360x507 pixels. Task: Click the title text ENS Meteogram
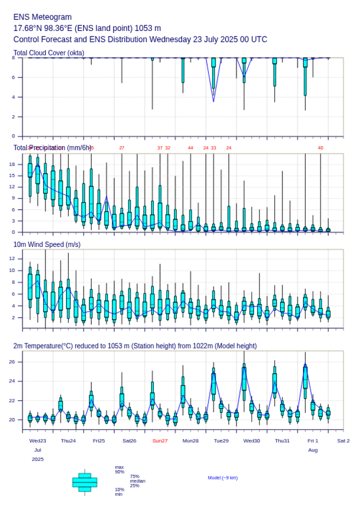[x=43, y=17]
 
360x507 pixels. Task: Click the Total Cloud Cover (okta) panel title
[x=49, y=53]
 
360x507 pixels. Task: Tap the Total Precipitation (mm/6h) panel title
[x=53, y=148]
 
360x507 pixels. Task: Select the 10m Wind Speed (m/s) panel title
[x=47, y=244]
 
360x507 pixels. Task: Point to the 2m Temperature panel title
[x=135, y=346]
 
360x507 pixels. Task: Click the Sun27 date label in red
[x=160, y=441]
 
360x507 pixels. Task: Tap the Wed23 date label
[x=38, y=441]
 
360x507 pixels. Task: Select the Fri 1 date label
[x=313, y=441]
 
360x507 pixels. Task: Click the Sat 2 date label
[x=343, y=441]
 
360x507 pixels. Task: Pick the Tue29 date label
[x=221, y=441]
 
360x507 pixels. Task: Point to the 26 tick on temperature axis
[x=18, y=361]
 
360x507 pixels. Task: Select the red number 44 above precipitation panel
[x=191, y=148]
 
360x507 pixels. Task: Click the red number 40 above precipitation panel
[x=320, y=148]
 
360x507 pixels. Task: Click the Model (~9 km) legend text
[x=223, y=478]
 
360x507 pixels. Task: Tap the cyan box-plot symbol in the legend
[x=85, y=482]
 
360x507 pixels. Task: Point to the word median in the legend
[x=137, y=481]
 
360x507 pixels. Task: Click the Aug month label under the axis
[x=313, y=451]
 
